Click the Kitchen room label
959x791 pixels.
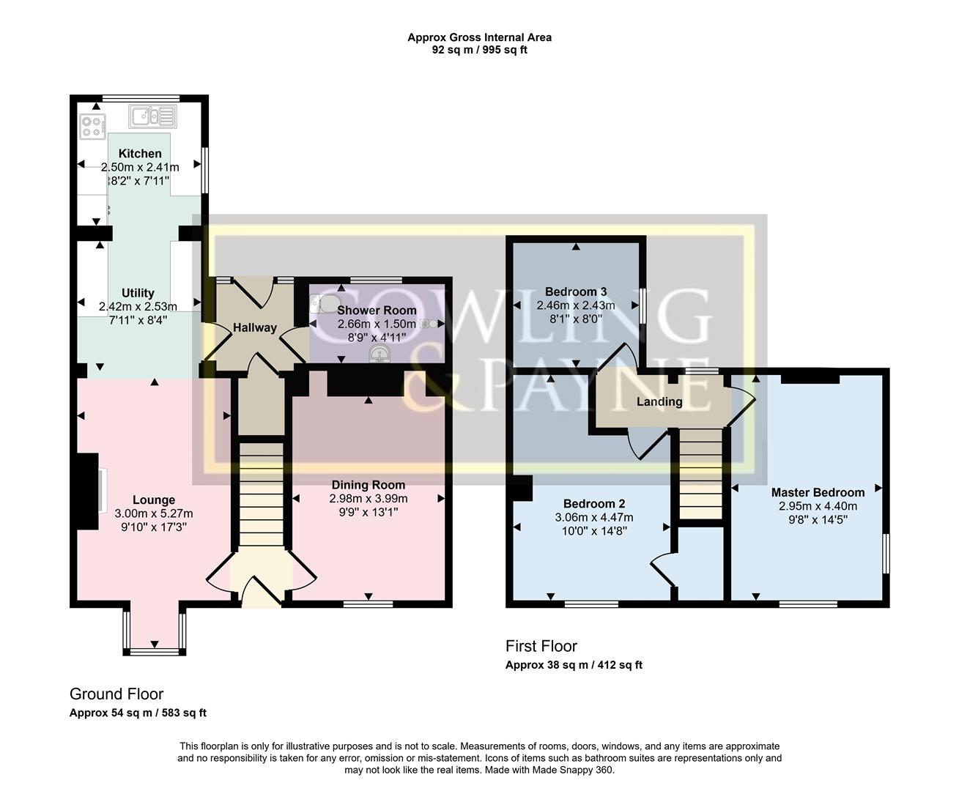point(140,154)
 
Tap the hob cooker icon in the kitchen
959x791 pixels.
point(93,127)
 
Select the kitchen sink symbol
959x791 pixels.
point(152,116)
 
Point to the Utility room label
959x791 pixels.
point(138,293)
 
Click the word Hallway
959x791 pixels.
point(254,327)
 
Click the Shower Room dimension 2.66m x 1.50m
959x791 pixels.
point(377,324)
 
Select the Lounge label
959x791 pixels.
point(154,500)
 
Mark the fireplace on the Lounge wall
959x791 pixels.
point(89,491)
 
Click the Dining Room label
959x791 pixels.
point(368,485)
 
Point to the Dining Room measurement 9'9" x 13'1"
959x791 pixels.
point(368,512)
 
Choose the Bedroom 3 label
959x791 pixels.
point(576,291)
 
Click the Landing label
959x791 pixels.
point(659,401)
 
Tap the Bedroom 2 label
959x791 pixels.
point(593,504)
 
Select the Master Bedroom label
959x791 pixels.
point(818,492)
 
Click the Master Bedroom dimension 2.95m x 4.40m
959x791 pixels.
point(818,506)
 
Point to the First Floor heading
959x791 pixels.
point(541,646)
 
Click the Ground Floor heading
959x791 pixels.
point(116,694)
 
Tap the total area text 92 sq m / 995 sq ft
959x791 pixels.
point(479,51)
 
